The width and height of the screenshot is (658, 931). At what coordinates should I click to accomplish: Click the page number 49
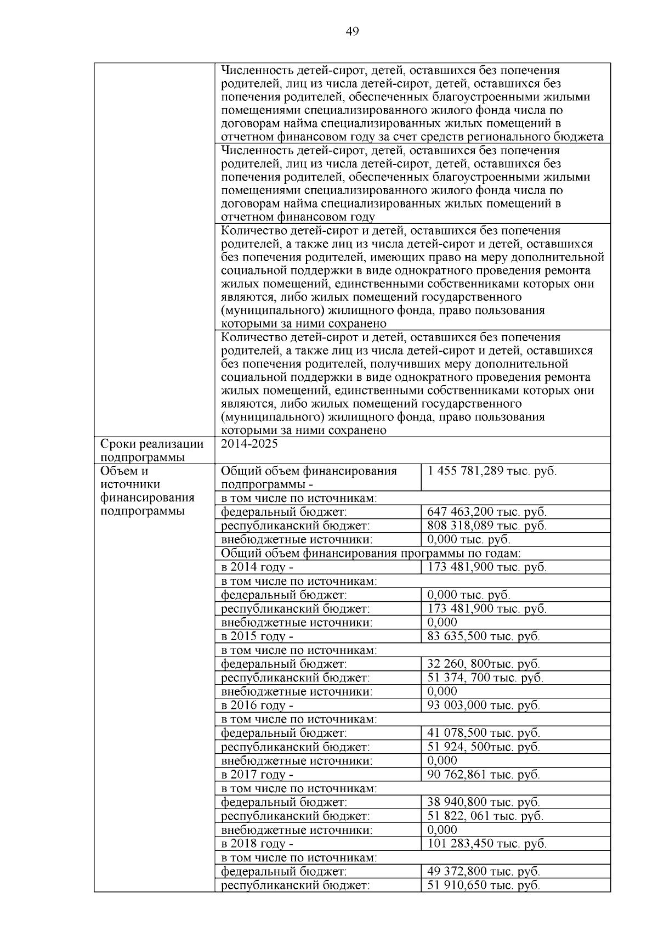[352, 32]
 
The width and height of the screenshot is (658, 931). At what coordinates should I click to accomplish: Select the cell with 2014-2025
[249, 444]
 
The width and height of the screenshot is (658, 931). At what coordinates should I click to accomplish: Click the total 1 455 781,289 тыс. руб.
[492, 471]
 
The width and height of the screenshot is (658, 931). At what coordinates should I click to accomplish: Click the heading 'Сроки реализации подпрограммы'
[152, 450]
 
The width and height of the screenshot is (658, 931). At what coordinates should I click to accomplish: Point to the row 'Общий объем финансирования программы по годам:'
[371, 554]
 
